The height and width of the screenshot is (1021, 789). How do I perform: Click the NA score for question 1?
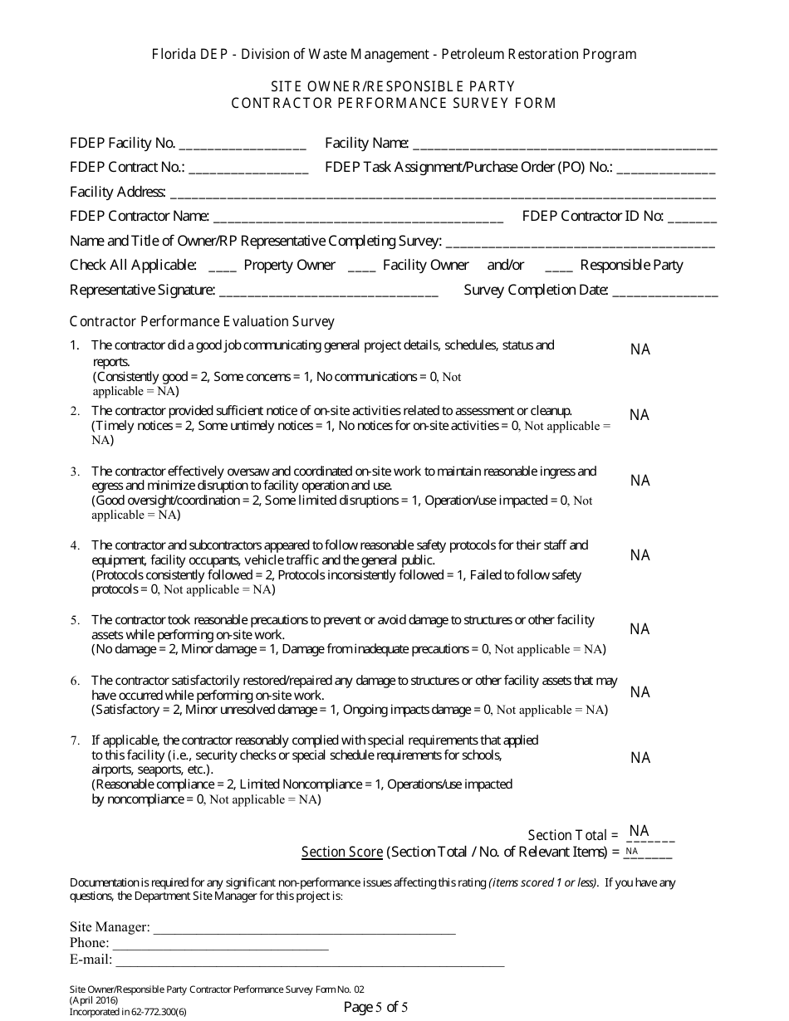pyautogui.click(x=640, y=350)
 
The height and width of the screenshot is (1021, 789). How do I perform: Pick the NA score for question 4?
pyautogui.click(x=640, y=555)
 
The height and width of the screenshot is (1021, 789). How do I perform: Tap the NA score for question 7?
pyautogui.click(x=640, y=758)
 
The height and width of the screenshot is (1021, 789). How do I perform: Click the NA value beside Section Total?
pyautogui.click(x=639, y=831)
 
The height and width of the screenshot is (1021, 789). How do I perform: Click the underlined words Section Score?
pyautogui.click(x=342, y=852)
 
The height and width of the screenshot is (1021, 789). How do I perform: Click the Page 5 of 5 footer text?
pyautogui.click(x=376, y=1008)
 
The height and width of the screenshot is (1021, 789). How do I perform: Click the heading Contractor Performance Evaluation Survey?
pyautogui.click(x=202, y=321)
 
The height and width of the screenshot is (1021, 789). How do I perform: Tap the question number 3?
pyautogui.click(x=75, y=471)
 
